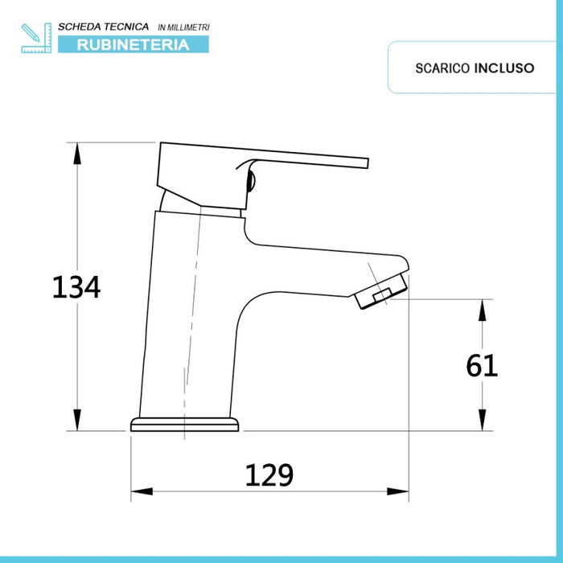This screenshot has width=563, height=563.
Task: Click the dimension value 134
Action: pos(76,286)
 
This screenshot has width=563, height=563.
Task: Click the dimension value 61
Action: pos(483,366)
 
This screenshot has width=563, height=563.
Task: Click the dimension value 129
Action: pos(269,475)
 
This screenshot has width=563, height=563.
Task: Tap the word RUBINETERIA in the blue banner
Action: pos(133,44)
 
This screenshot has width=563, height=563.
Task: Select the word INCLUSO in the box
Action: pos(504,68)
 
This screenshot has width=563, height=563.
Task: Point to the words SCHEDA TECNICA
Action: pos(102,27)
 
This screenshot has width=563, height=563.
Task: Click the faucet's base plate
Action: pos(184,425)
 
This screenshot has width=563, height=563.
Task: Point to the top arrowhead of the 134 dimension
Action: pos(77,150)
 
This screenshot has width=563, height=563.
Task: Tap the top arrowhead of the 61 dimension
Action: pos(483,306)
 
